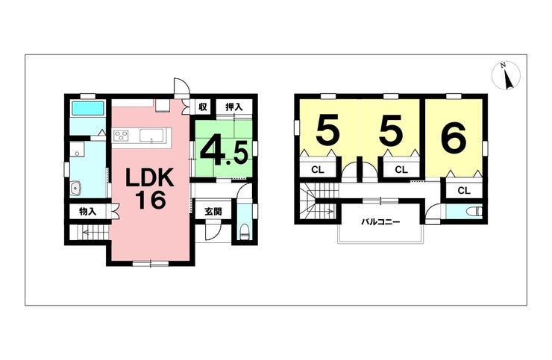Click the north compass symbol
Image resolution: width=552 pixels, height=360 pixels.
click(x=506, y=75)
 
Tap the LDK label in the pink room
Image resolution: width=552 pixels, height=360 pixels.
click(x=150, y=178)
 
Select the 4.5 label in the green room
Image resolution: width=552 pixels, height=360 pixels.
click(x=224, y=151)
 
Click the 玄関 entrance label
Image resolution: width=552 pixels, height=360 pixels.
click(x=213, y=212)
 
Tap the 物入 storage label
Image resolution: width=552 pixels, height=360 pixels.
click(x=87, y=212)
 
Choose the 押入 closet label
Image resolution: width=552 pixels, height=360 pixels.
click(x=234, y=107)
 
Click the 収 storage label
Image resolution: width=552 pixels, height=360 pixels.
click(x=203, y=107)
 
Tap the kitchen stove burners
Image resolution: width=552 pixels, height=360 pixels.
click(x=121, y=136)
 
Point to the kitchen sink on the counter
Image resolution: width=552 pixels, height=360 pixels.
click(x=151, y=136)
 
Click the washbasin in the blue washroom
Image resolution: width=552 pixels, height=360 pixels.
click(x=75, y=189)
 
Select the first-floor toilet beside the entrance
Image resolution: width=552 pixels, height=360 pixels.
click(x=244, y=233)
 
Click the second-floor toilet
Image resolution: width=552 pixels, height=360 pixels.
click(x=474, y=212)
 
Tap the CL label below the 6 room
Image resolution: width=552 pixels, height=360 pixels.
click(x=464, y=190)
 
